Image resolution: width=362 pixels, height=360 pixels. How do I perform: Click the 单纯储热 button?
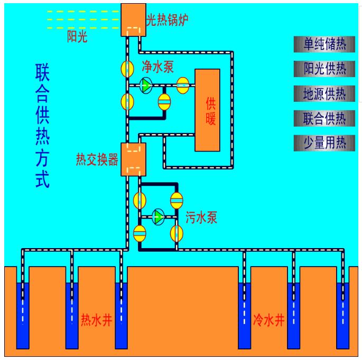324,44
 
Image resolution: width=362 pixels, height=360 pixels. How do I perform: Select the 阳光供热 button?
324,69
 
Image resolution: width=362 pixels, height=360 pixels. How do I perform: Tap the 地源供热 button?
324,94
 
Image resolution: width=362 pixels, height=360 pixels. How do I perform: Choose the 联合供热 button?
324,118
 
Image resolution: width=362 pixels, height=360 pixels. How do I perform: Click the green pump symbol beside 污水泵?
158,216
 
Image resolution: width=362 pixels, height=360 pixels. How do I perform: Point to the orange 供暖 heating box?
207,110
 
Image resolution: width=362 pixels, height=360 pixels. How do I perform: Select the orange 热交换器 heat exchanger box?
133,159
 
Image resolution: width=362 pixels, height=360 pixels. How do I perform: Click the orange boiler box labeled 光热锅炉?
133,20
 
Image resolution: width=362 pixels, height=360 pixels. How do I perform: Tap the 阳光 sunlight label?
77,36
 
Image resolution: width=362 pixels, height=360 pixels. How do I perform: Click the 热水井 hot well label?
96,320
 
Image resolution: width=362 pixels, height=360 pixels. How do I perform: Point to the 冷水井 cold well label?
270,320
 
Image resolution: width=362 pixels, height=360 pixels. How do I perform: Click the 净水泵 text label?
157,67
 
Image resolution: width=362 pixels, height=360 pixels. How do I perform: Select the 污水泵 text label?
201,217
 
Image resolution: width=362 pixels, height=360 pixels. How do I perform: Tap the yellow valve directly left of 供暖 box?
183,86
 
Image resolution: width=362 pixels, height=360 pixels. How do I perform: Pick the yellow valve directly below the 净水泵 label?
164,101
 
